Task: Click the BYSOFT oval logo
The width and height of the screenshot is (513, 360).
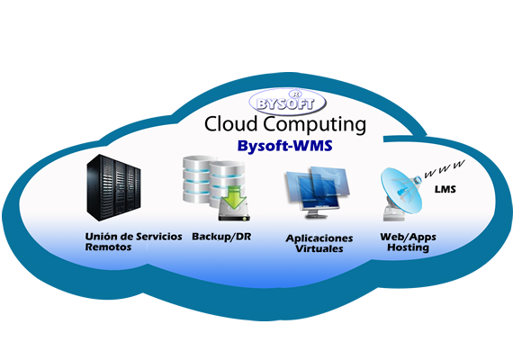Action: (287, 102)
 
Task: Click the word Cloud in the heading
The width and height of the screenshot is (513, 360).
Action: (231, 124)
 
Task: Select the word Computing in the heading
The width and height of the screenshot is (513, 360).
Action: (315, 125)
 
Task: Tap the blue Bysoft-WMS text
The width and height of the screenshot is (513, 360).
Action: (285, 146)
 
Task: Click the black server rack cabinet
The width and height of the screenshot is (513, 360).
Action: (113, 187)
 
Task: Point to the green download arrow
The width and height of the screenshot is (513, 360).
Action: (234, 197)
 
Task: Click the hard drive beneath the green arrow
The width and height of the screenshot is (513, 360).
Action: (234, 212)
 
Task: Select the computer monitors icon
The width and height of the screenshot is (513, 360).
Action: (317, 192)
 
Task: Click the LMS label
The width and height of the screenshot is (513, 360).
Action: (445, 189)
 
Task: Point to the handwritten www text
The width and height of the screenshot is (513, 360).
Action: (445, 169)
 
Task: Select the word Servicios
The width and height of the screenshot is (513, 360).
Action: (159, 237)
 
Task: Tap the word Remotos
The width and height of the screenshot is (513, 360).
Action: (108, 247)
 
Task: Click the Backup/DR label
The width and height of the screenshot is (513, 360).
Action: (221, 237)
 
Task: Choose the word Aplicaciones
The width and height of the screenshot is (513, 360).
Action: (319, 238)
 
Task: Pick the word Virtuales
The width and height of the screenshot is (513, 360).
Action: (319, 248)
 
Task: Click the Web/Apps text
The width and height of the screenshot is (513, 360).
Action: (408, 238)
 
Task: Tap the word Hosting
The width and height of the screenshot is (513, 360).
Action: (408, 247)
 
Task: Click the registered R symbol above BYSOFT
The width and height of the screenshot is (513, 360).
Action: (295, 94)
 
